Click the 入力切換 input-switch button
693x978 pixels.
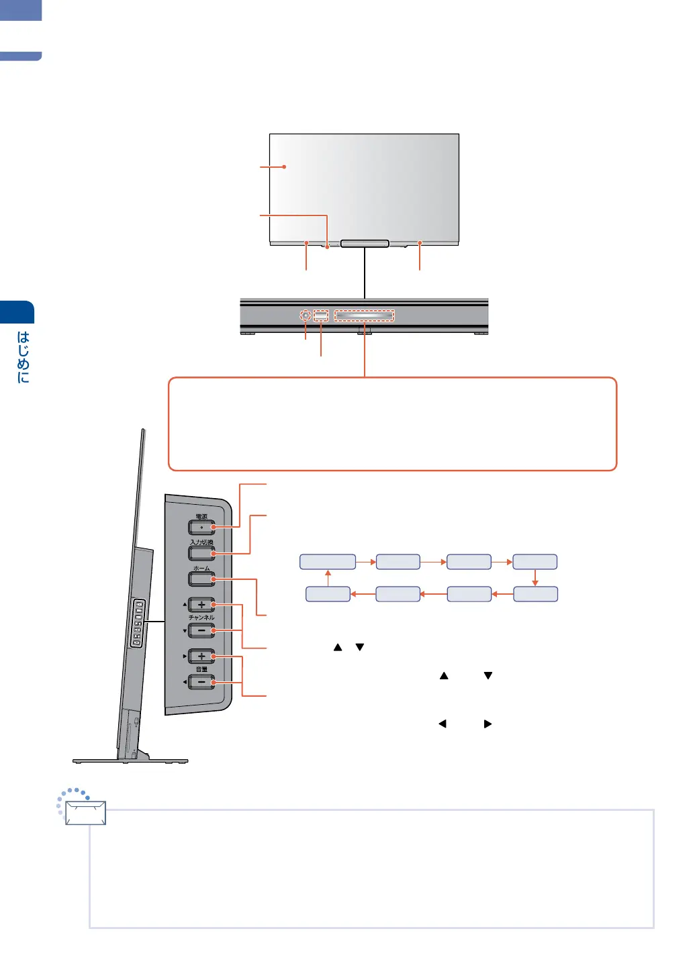coord(201,553)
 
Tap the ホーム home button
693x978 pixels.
coord(201,579)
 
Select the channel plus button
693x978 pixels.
coord(201,605)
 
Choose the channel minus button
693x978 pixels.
coord(201,630)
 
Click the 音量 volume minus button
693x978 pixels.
coord(201,682)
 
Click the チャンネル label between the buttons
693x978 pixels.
coord(201,618)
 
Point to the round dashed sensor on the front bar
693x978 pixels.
coord(306,315)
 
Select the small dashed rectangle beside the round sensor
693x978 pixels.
coord(321,315)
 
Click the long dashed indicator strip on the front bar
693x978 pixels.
coord(364,315)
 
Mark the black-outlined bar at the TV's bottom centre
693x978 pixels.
coord(365,243)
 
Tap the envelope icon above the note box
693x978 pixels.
coord(85,812)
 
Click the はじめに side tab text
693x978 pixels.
coord(24,356)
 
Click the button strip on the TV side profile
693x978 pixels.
coord(136,624)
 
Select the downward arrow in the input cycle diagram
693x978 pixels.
coord(535,578)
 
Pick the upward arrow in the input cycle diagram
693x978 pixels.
coord(328,578)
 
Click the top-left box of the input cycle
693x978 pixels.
coord(328,562)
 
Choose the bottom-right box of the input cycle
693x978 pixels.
coord(535,594)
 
